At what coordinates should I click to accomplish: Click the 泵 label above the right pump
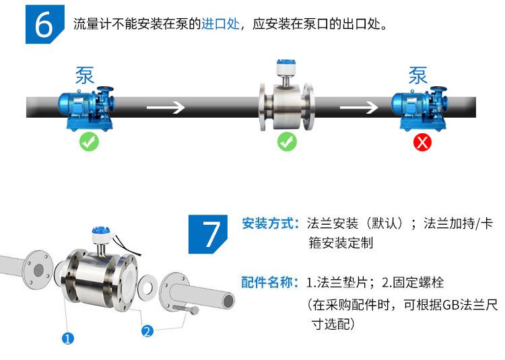pyautogui.click(x=418, y=75)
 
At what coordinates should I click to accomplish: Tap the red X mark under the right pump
pyautogui.click(x=422, y=142)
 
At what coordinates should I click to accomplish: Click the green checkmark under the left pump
pyautogui.click(x=88, y=142)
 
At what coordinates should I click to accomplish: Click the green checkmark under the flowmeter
pyautogui.click(x=288, y=142)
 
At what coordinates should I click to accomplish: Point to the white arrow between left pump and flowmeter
pyautogui.click(x=166, y=107)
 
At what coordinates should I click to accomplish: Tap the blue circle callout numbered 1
pyautogui.click(x=67, y=338)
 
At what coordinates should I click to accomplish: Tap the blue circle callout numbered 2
pyautogui.click(x=147, y=330)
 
